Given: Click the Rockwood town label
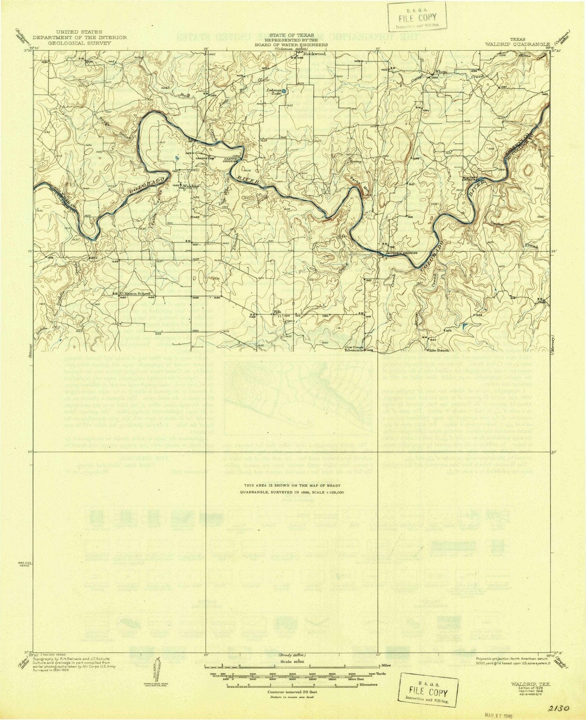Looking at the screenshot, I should click(315, 54).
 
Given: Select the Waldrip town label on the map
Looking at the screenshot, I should click(191, 186).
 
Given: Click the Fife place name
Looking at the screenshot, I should click(278, 311).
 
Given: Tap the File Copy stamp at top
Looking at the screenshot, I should click(417, 17).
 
